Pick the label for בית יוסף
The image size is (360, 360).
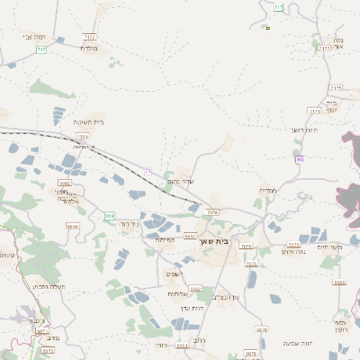pyautogui.click(x=336, y=105)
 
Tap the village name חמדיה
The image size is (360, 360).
pyautogui.click(x=268, y=190)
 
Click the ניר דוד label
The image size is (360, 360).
pyautogui.click(x=130, y=223)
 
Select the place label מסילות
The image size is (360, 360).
pyautogui.click(x=165, y=239)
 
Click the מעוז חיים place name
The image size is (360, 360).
pyautogui.click(x=330, y=247)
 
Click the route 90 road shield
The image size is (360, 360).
pyautogui.click(x=299, y=159)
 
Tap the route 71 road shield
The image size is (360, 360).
pyautogui.click(x=148, y=170)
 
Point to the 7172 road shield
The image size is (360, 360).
pyautogui.click(x=90, y=37)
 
